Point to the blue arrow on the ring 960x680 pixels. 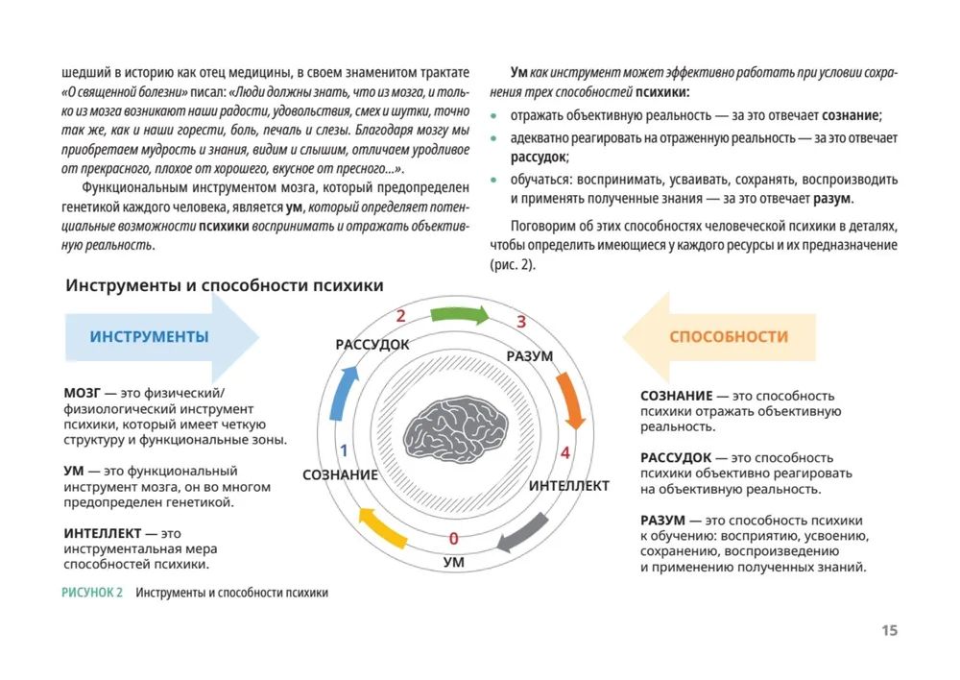(x=342, y=394)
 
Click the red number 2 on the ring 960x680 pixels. (x=400, y=316)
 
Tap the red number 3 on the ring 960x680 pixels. (x=521, y=322)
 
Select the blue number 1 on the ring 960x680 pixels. (x=343, y=449)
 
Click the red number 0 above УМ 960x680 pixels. (x=453, y=538)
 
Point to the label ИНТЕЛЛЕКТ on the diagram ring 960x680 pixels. (x=568, y=486)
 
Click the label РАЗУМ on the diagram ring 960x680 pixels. (x=529, y=356)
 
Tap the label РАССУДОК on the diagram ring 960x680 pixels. (x=372, y=344)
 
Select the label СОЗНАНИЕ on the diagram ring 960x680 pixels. (x=340, y=474)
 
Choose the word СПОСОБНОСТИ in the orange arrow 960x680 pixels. (x=729, y=337)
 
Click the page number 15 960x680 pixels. (x=889, y=631)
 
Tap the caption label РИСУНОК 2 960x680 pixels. (x=92, y=593)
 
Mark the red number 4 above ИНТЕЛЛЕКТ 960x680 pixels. (x=565, y=452)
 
